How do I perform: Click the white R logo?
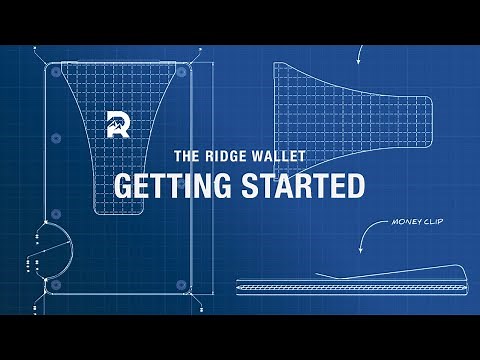(117, 125)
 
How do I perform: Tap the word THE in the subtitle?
(190, 157)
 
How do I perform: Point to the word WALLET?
(283, 157)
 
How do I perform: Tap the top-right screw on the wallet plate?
(184, 72)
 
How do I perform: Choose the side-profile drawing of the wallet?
(350, 284)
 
